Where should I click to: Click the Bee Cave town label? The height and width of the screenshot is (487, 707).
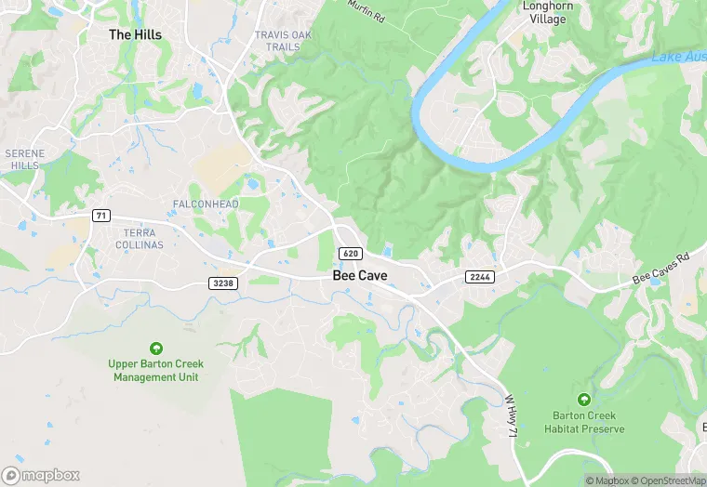coord(360,276)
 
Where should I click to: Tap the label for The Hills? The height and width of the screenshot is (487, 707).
coord(135,34)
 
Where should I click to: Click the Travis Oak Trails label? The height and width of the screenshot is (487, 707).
coord(284,41)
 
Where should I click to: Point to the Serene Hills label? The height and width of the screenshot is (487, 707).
coord(24,159)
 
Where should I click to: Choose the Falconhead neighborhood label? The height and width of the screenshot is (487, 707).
coord(206,204)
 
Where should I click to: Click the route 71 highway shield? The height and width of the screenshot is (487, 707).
coord(101,216)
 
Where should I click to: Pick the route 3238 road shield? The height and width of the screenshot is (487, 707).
coord(223,283)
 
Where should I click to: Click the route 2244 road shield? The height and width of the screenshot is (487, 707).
coord(479,277)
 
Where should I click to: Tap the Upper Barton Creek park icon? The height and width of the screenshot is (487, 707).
coord(156,349)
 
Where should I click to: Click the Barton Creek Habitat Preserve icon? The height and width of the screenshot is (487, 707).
coord(585,400)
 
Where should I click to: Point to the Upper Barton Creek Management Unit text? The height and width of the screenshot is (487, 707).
coord(157,371)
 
